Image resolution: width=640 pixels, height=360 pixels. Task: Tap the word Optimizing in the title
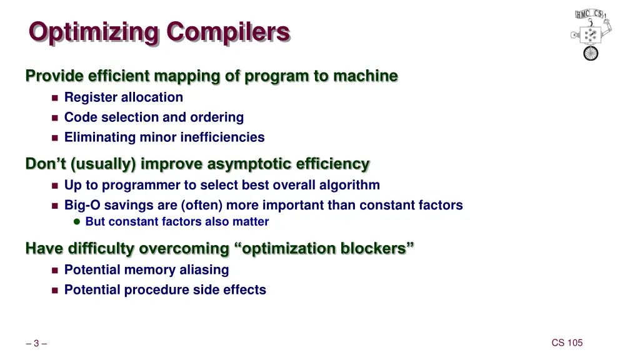pos(94,32)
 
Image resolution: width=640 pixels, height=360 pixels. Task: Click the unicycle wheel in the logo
pos(591,53)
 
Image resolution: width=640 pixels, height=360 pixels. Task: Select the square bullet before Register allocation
pos(54,98)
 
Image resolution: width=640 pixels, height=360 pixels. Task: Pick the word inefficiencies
pos(222,137)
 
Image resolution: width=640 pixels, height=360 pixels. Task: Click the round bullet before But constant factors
pos(77,222)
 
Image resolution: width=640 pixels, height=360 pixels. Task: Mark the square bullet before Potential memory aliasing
pos(54,271)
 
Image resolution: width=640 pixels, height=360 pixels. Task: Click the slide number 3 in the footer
pos(36,343)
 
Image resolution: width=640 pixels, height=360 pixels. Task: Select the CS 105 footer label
pos(567,342)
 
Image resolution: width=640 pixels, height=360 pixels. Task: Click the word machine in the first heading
pos(365,76)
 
